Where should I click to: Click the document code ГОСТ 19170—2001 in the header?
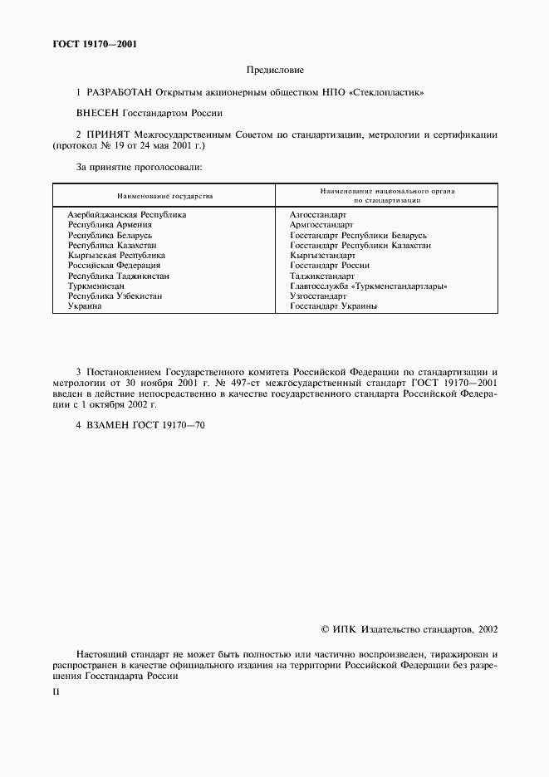coord(92,45)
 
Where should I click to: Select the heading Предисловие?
coord(274,71)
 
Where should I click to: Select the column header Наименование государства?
coord(164,196)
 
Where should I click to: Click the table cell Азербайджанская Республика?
coord(126,214)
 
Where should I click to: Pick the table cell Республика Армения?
coord(110,224)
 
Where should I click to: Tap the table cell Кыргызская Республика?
coord(116,256)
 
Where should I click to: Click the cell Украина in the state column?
coord(85,306)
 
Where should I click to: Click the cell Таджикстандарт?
coord(322,276)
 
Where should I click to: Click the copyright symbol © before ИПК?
coord(325,629)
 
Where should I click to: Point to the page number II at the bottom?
coord(56,691)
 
